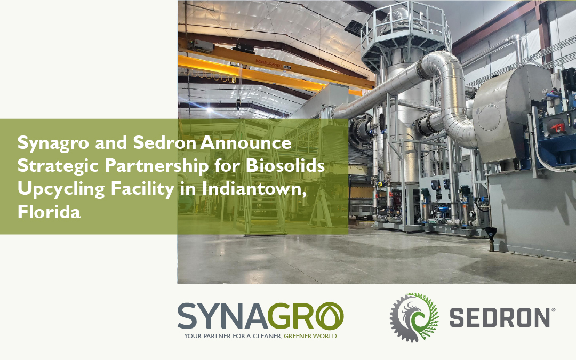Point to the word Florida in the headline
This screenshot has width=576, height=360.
click(49, 212)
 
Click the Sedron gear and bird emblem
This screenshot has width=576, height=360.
click(414, 317)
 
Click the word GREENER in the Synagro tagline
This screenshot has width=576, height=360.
click(301, 337)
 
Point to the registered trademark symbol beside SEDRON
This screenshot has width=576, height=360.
click(553, 309)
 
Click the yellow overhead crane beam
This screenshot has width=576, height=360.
click(267, 72)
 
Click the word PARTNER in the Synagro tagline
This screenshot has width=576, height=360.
click(219, 337)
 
